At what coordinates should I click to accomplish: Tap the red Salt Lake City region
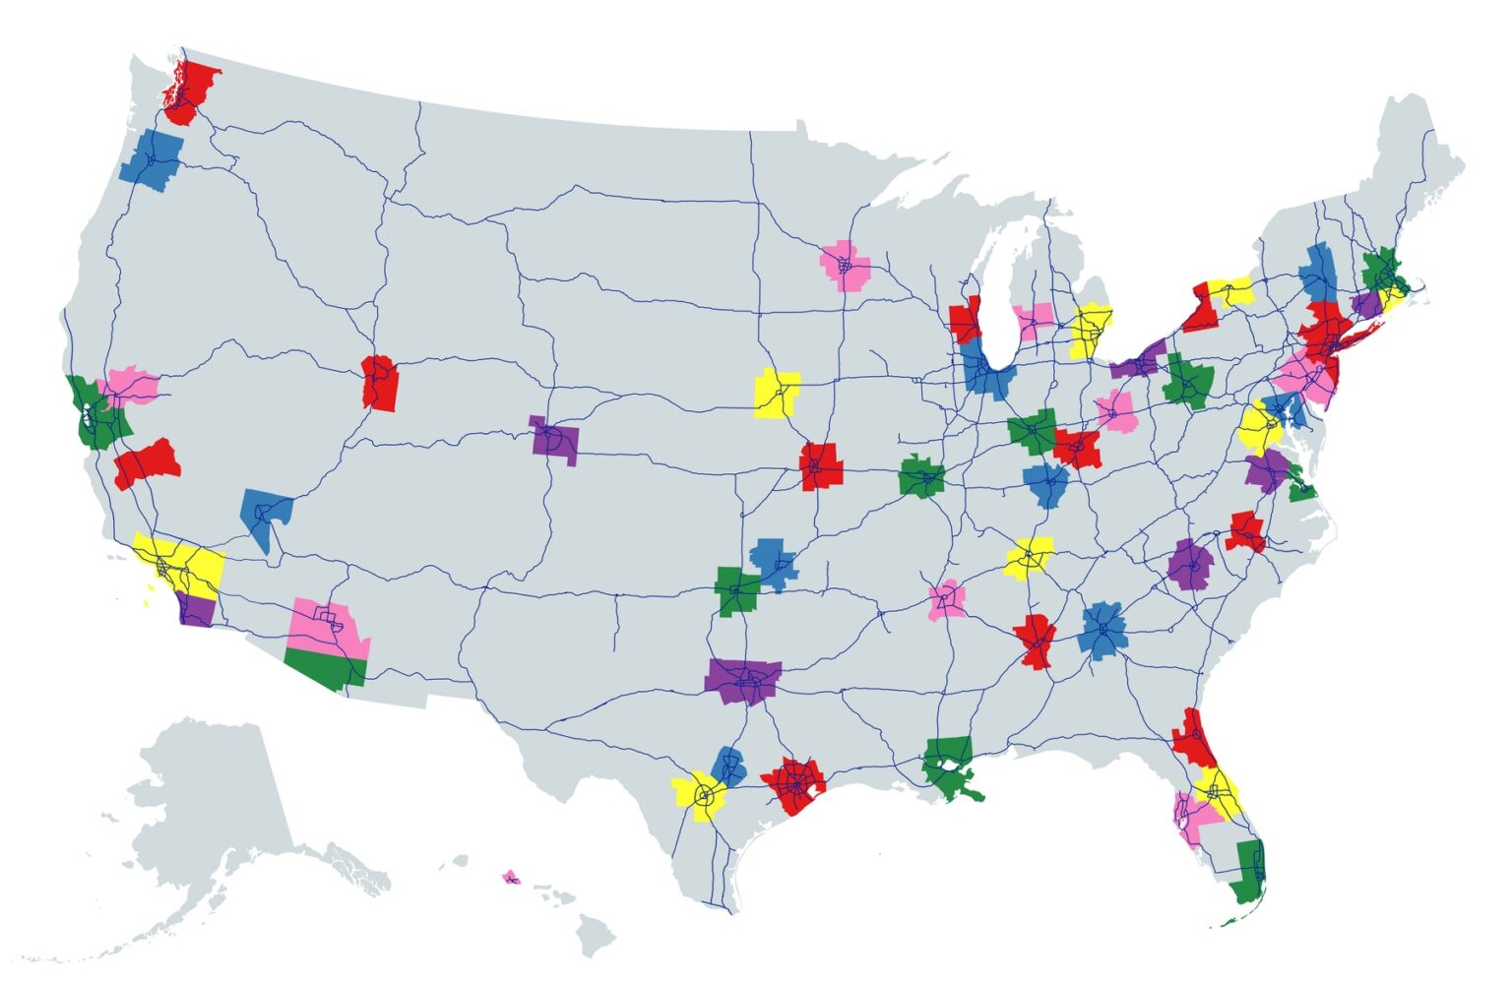click(380, 384)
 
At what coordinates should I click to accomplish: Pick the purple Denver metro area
click(553, 440)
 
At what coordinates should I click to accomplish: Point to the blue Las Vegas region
click(264, 515)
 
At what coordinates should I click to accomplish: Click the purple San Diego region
click(196, 610)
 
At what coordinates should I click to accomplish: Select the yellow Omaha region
click(776, 394)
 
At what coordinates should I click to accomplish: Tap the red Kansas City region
click(821, 465)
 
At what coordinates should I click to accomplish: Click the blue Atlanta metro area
click(1102, 630)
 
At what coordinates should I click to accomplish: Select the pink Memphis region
click(946, 599)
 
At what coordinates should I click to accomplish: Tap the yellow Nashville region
click(1030, 558)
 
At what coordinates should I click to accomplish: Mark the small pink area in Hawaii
click(510, 877)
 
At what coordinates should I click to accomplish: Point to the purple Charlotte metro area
click(1191, 565)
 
